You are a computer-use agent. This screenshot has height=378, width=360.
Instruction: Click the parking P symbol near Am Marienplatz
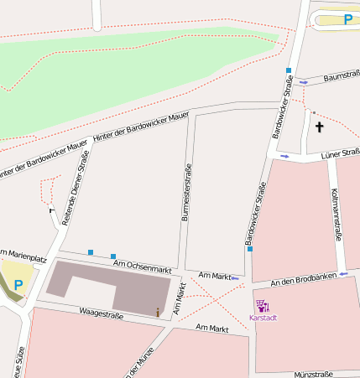tap(18, 285)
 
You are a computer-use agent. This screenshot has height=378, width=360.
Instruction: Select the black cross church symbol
tap(319, 127)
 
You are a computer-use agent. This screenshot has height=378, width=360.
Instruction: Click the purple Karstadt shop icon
tap(262, 307)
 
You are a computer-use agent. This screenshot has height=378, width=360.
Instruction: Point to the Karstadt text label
tap(263, 318)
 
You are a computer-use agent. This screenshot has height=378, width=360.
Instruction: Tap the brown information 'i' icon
tap(157, 313)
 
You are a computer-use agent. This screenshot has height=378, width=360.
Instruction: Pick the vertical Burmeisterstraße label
tap(186, 192)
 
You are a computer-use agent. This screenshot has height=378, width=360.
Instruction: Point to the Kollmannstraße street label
tap(335, 215)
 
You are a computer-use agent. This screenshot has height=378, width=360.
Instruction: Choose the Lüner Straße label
tap(340, 153)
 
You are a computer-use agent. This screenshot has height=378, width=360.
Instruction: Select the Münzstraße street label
tap(319, 374)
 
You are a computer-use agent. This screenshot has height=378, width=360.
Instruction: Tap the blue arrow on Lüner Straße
tap(284, 156)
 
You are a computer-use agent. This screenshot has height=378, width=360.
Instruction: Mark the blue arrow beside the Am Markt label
tap(235, 277)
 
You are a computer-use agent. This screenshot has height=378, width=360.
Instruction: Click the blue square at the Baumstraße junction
tap(288, 70)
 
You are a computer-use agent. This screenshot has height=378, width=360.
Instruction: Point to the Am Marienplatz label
tap(17, 252)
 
